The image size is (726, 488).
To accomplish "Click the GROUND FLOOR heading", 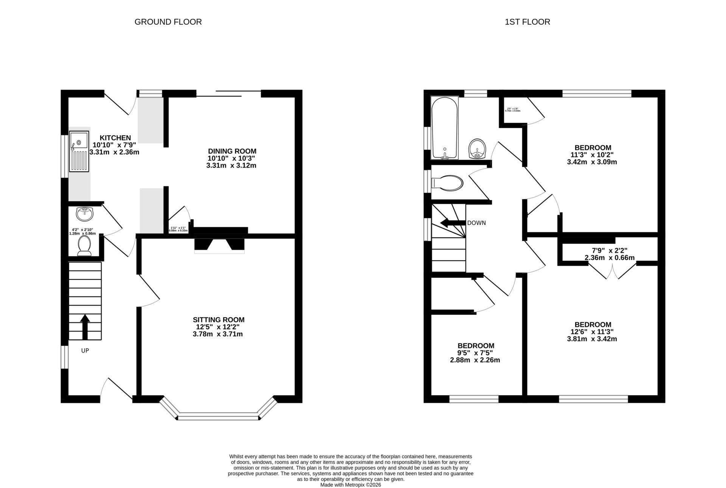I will pos(168,22).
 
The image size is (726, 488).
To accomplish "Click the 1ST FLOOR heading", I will pos(527,22).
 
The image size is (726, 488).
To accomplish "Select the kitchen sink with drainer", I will pos(79,151).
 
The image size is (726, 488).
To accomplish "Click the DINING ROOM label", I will pos(232,151).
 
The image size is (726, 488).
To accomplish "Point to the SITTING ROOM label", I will pos(218,320).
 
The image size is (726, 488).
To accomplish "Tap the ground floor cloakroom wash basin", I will pos(84,214).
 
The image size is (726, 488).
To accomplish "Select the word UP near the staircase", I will pos(85,351).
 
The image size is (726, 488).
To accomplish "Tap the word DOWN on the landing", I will pos(476,223).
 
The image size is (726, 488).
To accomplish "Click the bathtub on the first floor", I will pos(445,128).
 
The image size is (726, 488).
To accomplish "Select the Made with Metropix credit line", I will pos(351,485).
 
